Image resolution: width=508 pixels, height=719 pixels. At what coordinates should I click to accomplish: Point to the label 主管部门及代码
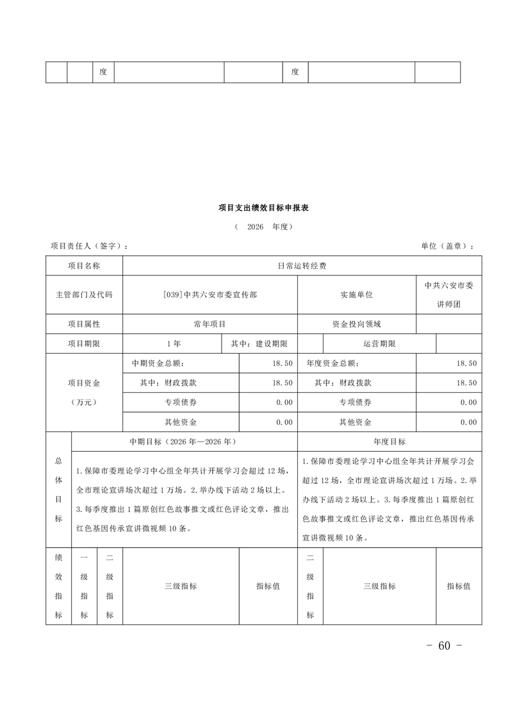(84, 295)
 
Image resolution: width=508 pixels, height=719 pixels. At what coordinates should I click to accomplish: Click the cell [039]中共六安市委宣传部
(210, 295)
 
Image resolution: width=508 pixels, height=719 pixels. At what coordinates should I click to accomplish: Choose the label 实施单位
(357, 295)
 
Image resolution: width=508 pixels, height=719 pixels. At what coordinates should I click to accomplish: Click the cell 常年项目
(210, 324)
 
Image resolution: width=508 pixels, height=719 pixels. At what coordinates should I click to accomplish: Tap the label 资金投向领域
(357, 324)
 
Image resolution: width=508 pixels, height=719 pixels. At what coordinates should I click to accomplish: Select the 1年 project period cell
(173, 343)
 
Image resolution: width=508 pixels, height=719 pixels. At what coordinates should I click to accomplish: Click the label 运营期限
(379, 343)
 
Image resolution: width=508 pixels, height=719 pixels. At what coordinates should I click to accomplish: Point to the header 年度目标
(389, 442)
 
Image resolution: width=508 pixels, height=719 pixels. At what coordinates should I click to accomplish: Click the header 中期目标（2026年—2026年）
(184, 442)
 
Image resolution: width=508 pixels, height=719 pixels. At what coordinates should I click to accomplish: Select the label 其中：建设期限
(259, 343)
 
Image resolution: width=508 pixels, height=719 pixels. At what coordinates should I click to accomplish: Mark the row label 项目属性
(84, 324)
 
